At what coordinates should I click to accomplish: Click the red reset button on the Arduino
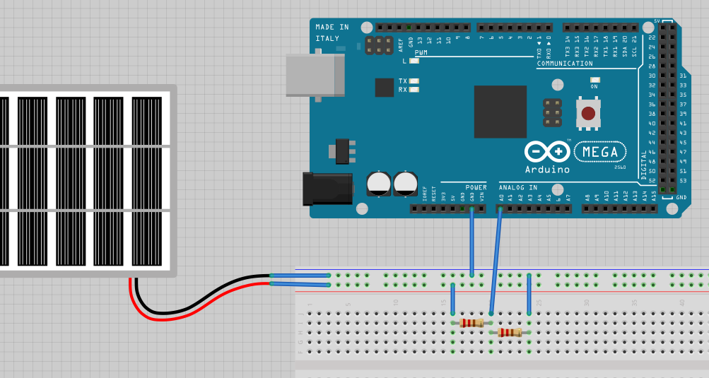coord(589,112)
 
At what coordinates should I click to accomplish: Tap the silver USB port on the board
coord(315,75)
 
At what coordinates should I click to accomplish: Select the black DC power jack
coord(327,189)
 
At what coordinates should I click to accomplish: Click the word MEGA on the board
coord(600,152)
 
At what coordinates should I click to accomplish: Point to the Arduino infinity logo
coord(547,151)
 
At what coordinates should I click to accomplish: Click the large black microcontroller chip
coord(500,112)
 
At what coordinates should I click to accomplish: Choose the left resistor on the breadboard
coord(471,323)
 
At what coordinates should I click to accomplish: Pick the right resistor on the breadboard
coord(509,332)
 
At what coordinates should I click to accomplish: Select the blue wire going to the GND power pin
coord(471,244)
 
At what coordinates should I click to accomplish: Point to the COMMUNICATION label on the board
coord(565,64)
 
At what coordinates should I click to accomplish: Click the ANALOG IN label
coord(518,187)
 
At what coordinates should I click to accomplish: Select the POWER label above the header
coord(476,187)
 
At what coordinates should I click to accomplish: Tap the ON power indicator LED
coord(594,80)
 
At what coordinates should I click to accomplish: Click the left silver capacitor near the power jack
coord(379,184)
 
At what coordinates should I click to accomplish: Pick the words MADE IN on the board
coord(332,28)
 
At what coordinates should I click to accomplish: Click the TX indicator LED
coord(414,81)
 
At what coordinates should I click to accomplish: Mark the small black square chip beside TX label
coord(384,88)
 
